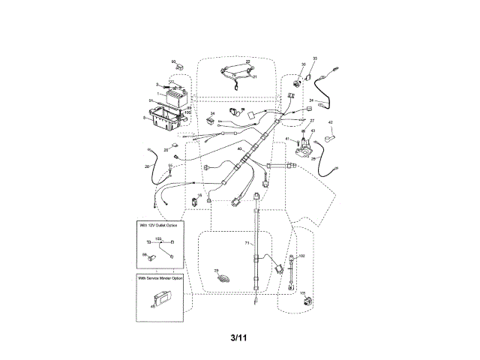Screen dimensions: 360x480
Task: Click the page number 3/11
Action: click(x=239, y=337)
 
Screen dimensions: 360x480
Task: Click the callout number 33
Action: click(x=315, y=58)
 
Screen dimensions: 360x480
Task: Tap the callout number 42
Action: click(x=331, y=122)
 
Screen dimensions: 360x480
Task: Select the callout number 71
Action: click(x=247, y=244)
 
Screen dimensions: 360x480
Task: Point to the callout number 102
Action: click(x=302, y=256)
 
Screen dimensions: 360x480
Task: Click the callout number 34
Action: click(x=212, y=113)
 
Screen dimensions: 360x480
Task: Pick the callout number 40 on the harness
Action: click(x=240, y=149)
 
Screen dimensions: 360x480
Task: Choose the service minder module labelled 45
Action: click(x=163, y=300)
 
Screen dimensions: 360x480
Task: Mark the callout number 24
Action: click(x=310, y=100)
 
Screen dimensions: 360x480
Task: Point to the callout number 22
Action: click(x=247, y=62)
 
